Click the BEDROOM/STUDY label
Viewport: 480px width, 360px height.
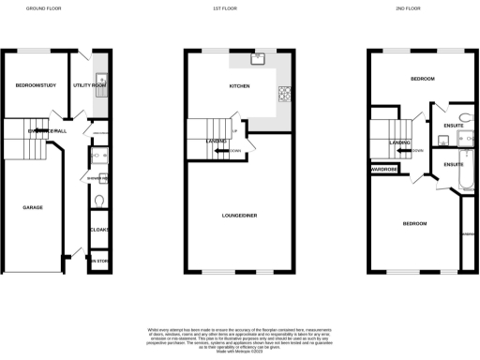pos(37,86)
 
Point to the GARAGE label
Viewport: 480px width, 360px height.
pos(33,207)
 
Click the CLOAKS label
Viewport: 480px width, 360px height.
pos(99,230)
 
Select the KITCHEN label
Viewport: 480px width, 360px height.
pos(240,86)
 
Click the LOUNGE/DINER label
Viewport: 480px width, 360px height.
pos(240,216)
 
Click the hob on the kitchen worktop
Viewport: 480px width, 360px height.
pos(282,94)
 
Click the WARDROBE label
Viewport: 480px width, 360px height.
pos(384,169)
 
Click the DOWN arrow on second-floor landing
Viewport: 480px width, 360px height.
pos(413,150)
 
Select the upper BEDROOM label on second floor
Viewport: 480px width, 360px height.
pos(422,79)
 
